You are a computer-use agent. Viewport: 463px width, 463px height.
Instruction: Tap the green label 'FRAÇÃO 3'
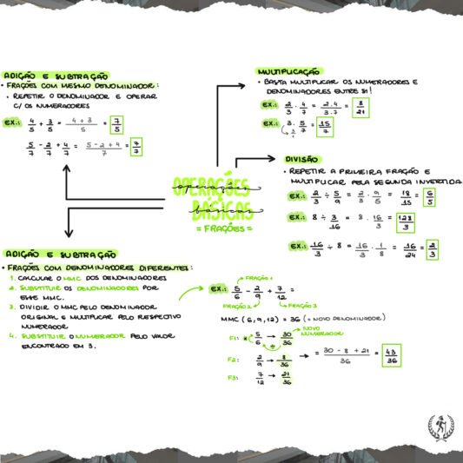click(x=303, y=306)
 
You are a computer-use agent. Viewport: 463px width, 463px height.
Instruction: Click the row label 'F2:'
click(x=232, y=358)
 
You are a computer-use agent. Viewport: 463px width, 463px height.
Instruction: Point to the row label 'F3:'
click(x=232, y=378)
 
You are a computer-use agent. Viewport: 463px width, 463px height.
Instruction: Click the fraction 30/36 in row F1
click(x=286, y=339)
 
